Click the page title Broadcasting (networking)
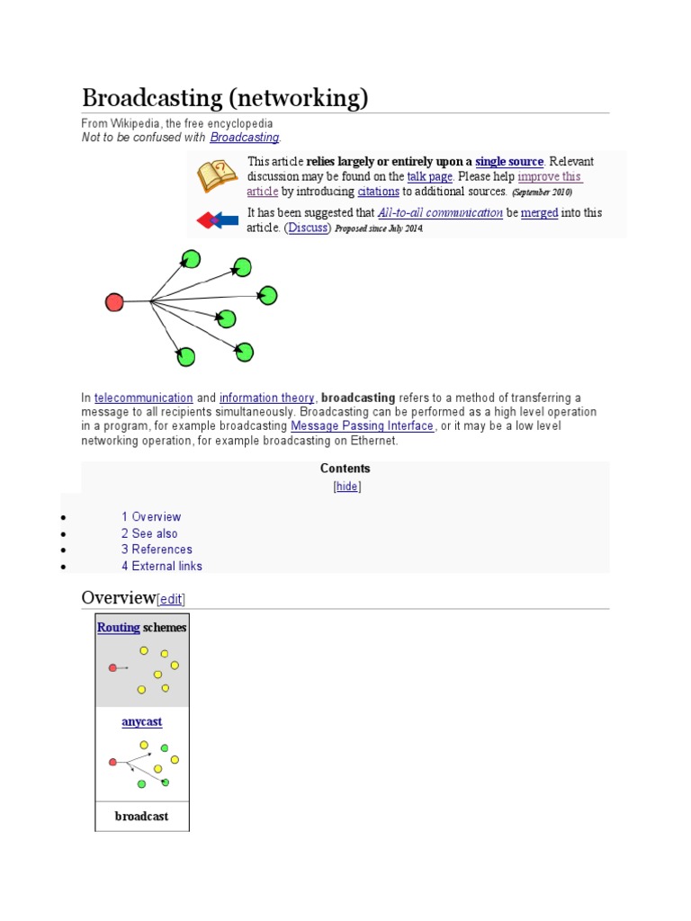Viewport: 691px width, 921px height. click(x=225, y=97)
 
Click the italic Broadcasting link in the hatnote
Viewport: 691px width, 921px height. click(x=245, y=138)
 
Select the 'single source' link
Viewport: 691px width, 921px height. click(x=509, y=162)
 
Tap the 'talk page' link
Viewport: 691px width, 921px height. click(x=429, y=177)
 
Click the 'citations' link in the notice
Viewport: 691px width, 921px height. click(x=378, y=192)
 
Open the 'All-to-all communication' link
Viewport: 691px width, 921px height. click(x=440, y=213)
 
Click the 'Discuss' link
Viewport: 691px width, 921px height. click(x=308, y=228)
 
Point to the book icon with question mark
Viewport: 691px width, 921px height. click(x=217, y=176)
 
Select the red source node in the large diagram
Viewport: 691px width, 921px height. click(x=114, y=302)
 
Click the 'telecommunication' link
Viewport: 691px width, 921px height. click(x=144, y=398)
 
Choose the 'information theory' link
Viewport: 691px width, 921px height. click(x=267, y=398)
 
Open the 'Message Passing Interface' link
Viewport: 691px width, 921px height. click(x=363, y=426)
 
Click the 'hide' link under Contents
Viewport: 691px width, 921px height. click(x=347, y=487)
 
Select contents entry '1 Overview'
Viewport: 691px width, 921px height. click(x=151, y=517)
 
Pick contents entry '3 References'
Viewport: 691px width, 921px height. click(x=157, y=550)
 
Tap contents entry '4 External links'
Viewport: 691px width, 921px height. click(x=162, y=567)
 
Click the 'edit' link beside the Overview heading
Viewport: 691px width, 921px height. click(x=172, y=599)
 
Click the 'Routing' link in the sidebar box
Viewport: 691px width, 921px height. click(x=118, y=628)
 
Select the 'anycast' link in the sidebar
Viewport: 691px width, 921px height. click(x=141, y=722)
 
